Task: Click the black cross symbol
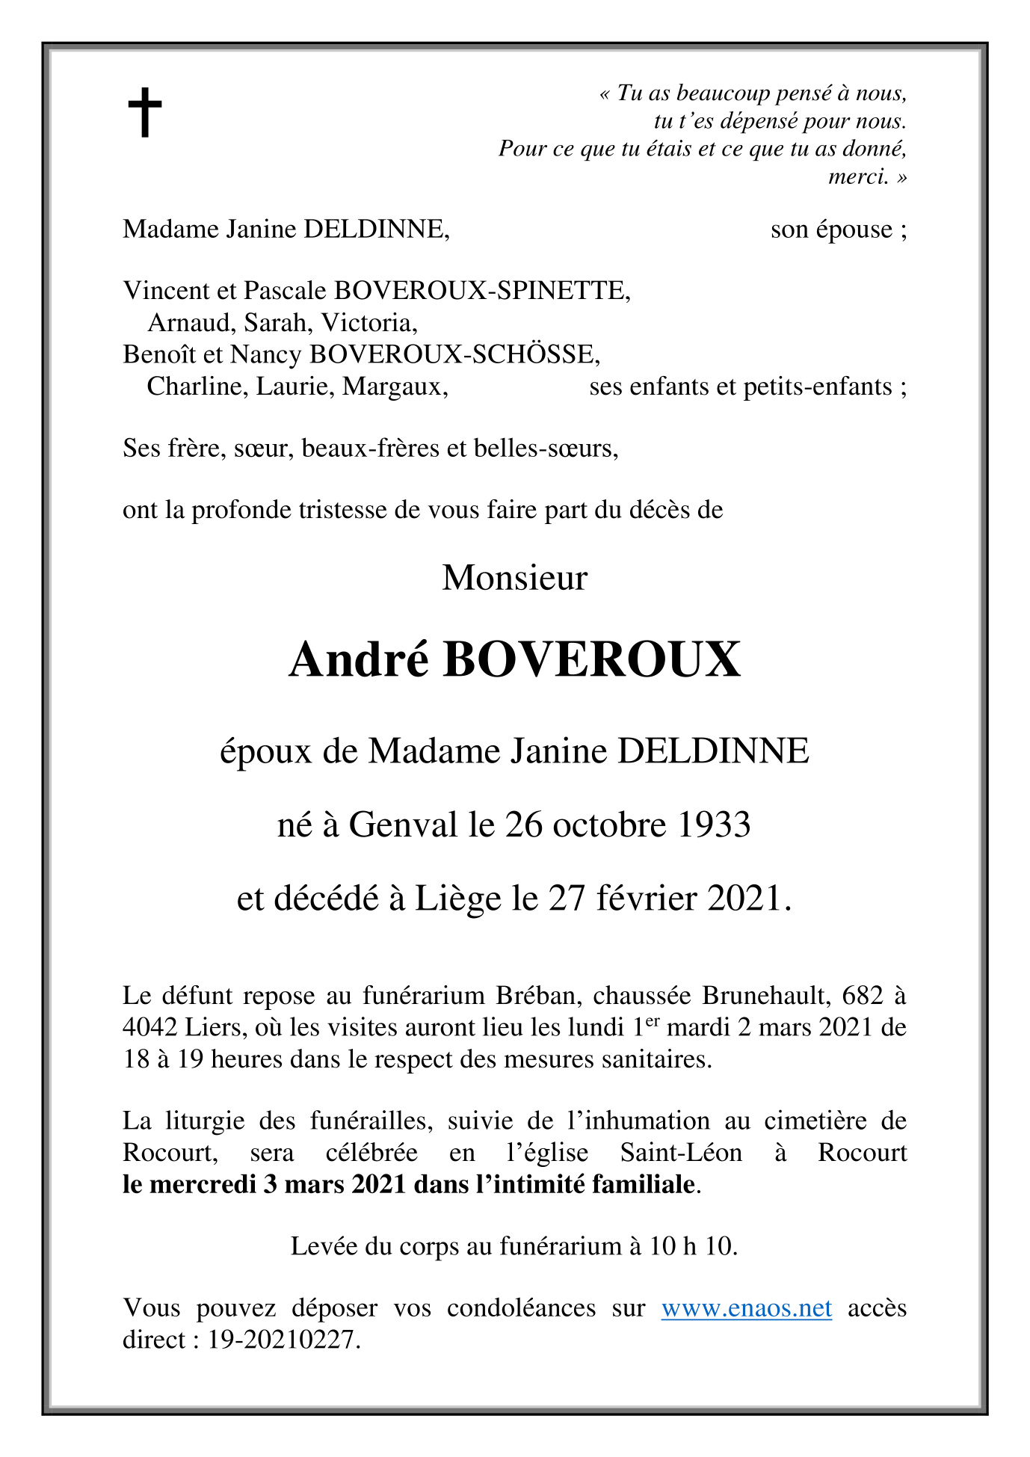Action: [x=145, y=112]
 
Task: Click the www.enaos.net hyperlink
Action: [x=746, y=1307]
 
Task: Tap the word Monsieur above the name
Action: [x=515, y=578]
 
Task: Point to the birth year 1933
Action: [x=714, y=825]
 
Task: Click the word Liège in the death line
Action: [x=457, y=898]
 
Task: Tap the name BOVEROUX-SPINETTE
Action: [x=482, y=290]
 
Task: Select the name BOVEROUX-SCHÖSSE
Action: [x=454, y=354]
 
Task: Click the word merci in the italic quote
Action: [x=858, y=176]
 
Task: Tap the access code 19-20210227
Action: [x=283, y=1339]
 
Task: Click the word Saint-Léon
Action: [x=681, y=1152]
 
